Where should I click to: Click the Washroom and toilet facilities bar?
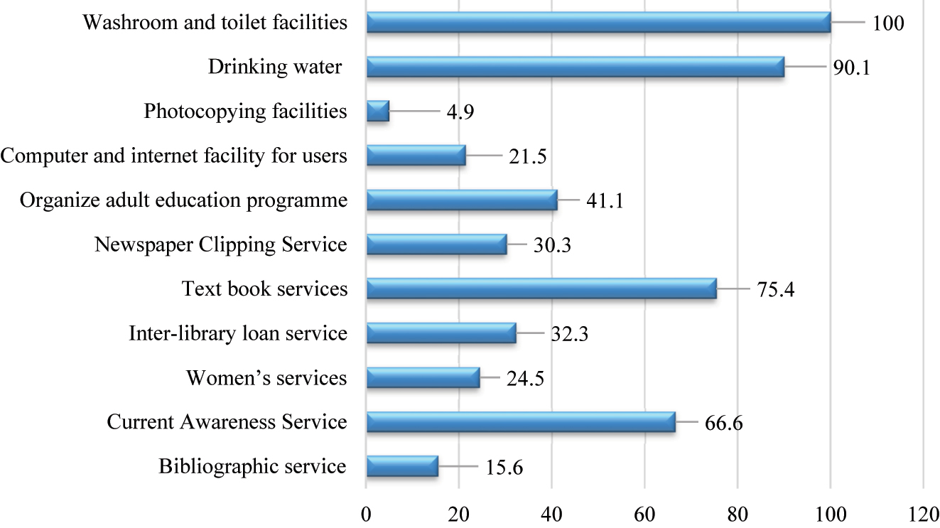click(x=598, y=23)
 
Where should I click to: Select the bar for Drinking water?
click(x=575, y=67)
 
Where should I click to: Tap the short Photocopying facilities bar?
click(x=377, y=112)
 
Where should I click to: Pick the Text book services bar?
click(x=541, y=289)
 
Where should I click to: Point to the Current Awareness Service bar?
click(x=520, y=422)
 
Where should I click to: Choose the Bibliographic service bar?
click(x=402, y=467)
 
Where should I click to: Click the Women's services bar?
click(x=423, y=378)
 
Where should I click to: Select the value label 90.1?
click(x=851, y=68)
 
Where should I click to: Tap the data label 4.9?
click(x=458, y=112)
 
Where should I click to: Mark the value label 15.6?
click(x=504, y=468)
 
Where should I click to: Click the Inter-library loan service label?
click(x=238, y=333)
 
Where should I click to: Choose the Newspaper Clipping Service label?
click(x=220, y=245)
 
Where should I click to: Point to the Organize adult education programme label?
click(x=184, y=200)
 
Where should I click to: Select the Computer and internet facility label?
click(x=174, y=156)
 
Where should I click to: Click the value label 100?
click(x=889, y=23)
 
